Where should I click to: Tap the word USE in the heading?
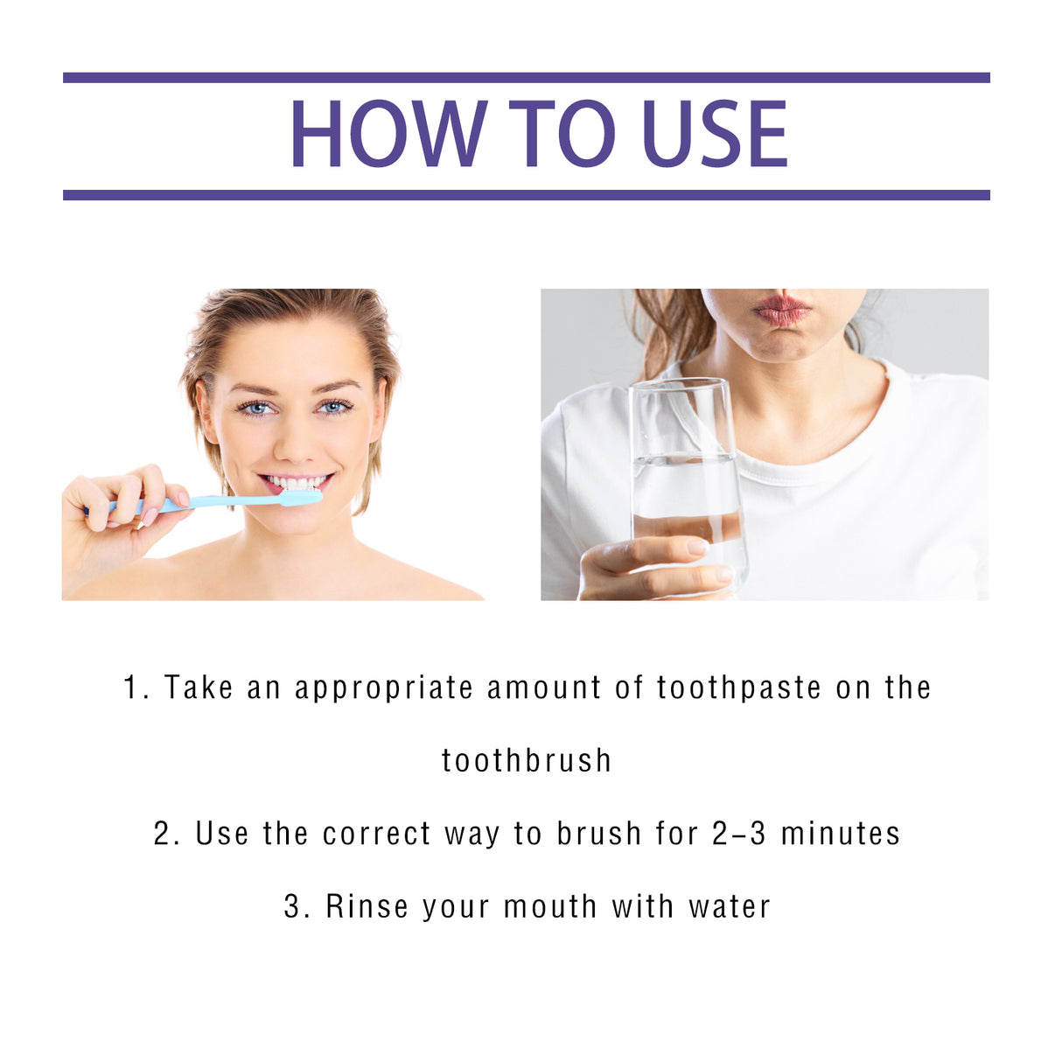tap(715, 134)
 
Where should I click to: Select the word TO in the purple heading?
tap(562, 134)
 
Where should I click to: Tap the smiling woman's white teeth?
tap(296, 483)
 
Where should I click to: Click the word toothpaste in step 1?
tap(739, 688)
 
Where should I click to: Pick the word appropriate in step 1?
tap(384, 688)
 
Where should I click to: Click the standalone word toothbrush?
tap(527, 761)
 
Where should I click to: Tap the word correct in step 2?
tap(377, 834)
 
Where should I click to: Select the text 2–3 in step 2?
tap(739, 834)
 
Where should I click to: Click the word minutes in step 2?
tap(840, 834)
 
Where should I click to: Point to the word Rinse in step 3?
tap(367, 906)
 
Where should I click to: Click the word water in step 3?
tap(730, 906)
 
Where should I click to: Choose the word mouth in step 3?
tap(551, 906)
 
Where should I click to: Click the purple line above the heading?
tap(526, 78)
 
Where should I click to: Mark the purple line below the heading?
tap(526, 195)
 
